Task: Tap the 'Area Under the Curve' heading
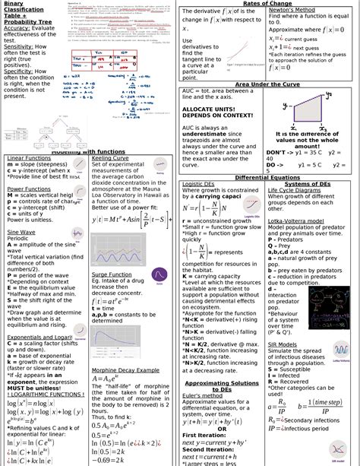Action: click(x=267, y=84)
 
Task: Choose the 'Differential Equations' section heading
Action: click(x=267, y=176)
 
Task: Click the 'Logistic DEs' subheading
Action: click(x=198, y=184)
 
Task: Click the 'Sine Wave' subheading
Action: click(x=22, y=231)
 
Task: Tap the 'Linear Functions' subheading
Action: click(x=29, y=158)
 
